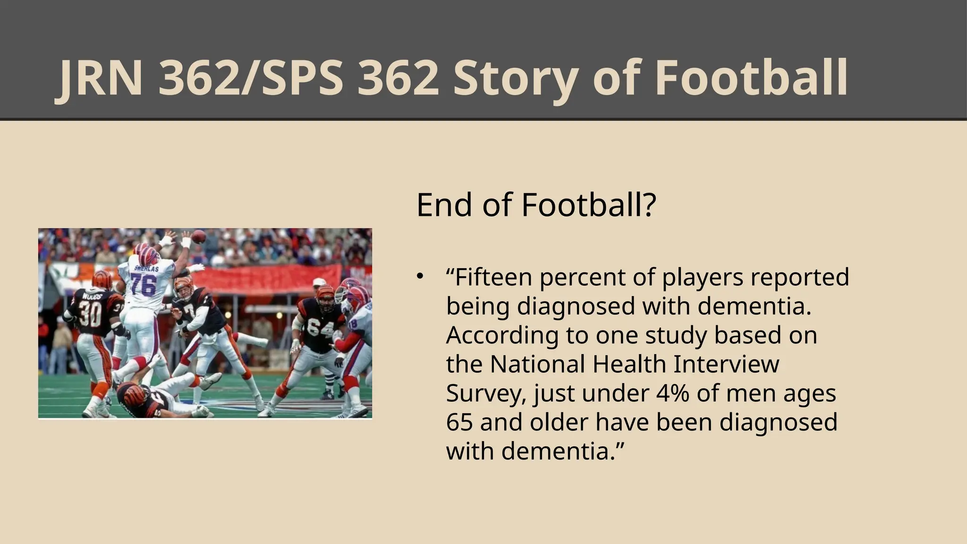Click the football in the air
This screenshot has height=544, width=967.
[x=199, y=236]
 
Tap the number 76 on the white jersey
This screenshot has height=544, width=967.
[x=144, y=284]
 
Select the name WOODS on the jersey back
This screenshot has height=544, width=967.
[x=93, y=296]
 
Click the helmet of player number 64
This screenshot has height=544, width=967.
[x=325, y=297]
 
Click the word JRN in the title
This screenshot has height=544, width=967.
[x=101, y=78]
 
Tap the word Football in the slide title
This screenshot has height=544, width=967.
[x=751, y=78]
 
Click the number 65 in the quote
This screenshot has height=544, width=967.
[x=459, y=422]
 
